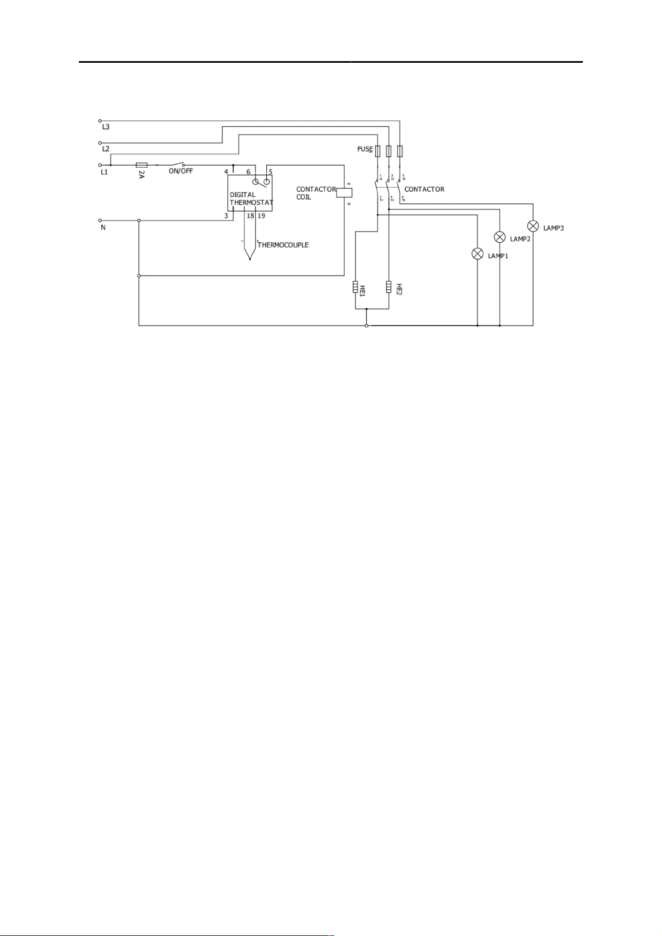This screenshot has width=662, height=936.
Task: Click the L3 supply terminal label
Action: (x=106, y=127)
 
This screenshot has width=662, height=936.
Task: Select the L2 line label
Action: (x=106, y=149)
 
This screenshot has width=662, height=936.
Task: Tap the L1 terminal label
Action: (x=104, y=172)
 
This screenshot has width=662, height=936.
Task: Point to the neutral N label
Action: (x=103, y=227)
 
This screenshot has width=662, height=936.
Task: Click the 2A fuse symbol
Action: (x=141, y=165)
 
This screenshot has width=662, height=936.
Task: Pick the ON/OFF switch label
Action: (x=181, y=171)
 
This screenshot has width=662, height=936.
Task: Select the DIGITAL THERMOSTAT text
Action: (x=251, y=199)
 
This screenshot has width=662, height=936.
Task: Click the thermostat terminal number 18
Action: (x=250, y=216)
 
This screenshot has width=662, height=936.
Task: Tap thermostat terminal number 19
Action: (x=261, y=216)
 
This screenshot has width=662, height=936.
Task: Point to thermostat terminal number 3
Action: (x=226, y=216)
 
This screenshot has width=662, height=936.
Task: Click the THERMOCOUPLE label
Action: (x=283, y=245)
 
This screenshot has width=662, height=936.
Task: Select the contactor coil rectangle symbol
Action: (x=345, y=193)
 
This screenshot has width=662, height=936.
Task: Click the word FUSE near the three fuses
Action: (x=365, y=149)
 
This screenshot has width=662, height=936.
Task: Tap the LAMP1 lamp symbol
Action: (x=477, y=254)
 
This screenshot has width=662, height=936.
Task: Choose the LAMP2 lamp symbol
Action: (x=499, y=237)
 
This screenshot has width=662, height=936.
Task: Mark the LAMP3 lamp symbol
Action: (x=532, y=226)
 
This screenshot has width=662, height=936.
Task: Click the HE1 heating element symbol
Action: (x=355, y=287)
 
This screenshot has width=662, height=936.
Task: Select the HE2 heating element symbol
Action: (x=389, y=287)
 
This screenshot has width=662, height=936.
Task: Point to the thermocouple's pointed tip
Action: (x=250, y=258)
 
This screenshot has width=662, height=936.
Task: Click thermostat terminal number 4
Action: (x=226, y=172)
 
